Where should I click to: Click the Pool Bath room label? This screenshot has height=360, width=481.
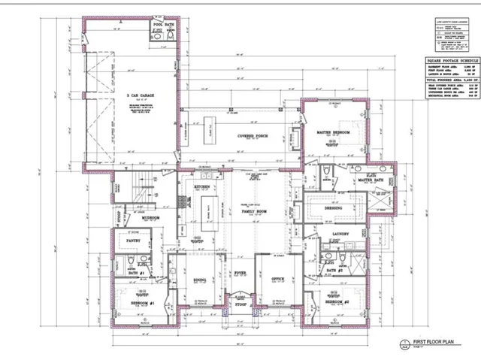[x=163, y=24]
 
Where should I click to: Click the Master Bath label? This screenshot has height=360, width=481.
[x=371, y=181]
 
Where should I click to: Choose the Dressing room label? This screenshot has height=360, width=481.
[x=334, y=208]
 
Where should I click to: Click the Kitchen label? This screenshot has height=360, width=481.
[x=201, y=186]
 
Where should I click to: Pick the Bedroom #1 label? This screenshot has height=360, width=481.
[x=141, y=303]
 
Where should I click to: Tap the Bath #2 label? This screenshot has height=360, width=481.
[x=334, y=271]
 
